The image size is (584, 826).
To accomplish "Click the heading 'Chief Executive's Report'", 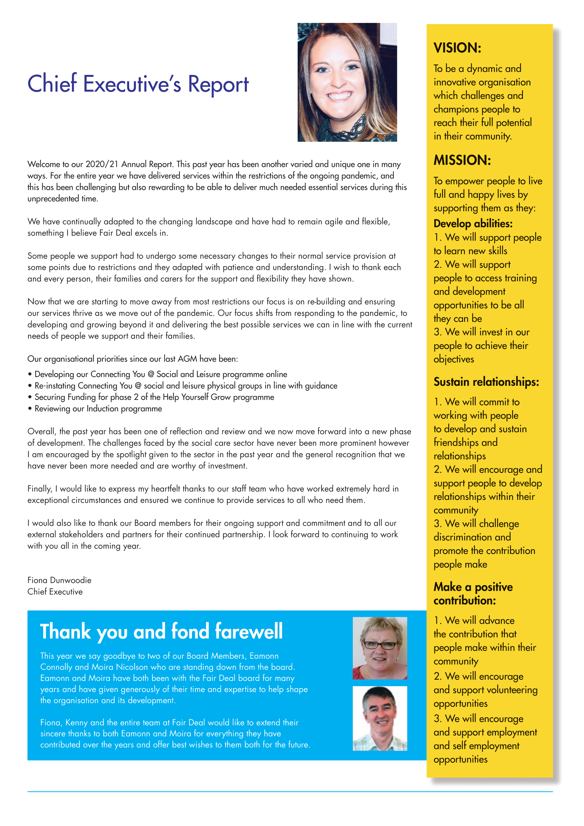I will (138, 84).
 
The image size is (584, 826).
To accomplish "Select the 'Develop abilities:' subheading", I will (473, 223).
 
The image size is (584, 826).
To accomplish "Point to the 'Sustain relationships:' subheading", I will (486, 382).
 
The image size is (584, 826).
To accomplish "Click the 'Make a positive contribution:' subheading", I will (473, 594).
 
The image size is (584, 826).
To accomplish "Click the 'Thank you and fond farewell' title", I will (161, 631).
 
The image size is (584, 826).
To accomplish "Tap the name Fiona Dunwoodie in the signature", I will (59, 580).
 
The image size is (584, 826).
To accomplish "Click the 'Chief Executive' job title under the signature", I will (55, 592).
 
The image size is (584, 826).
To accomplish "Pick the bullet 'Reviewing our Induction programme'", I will (98, 409).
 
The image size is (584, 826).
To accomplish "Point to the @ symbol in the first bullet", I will (151, 374).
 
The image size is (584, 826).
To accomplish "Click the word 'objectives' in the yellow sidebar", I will (454, 359).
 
